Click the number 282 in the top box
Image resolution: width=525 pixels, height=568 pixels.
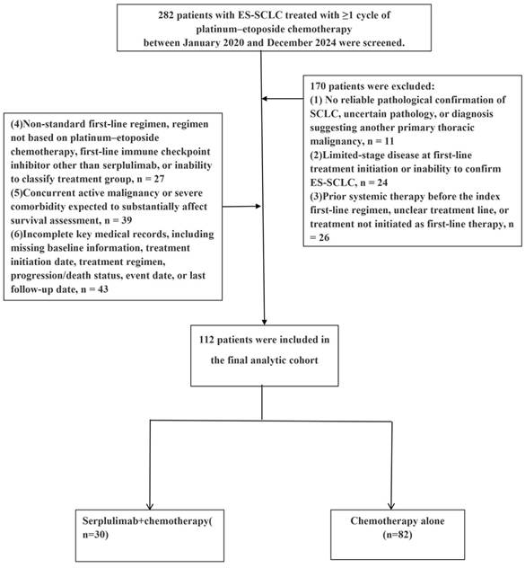point(166,15)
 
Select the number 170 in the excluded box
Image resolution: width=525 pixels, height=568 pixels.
point(318,86)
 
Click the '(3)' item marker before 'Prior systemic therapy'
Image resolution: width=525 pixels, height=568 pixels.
point(316,196)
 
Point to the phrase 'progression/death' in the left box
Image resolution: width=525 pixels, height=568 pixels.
point(45,275)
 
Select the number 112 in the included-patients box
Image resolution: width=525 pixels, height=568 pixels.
point(206,340)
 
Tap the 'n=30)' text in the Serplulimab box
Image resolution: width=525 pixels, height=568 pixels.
point(95,535)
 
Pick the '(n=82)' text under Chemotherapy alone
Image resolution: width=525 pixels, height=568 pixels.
point(398,535)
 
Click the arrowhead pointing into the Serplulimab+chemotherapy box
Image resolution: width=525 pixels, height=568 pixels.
point(150,506)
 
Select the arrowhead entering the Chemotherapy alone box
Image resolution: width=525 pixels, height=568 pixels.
point(390,506)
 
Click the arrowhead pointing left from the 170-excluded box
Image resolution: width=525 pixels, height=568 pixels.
point(265,99)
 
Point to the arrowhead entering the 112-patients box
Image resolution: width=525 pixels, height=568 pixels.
point(264,322)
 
